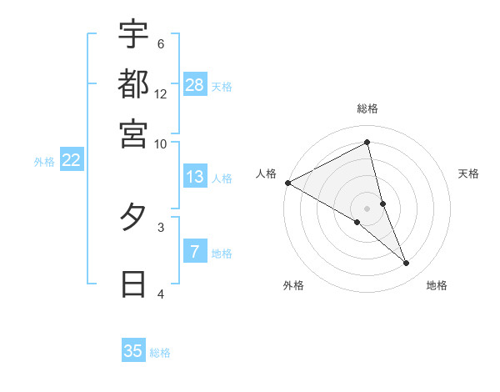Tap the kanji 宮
click(133, 133)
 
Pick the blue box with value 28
click(195, 84)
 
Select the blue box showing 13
click(195, 177)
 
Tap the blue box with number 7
click(195, 251)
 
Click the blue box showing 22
click(71, 160)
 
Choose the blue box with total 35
click(133, 350)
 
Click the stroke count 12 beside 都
click(161, 93)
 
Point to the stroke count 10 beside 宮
click(161, 143)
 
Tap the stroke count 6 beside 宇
click(161, 43)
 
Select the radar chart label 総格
click(367, 108)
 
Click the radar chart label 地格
click(437, 286)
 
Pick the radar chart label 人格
click(267, 173)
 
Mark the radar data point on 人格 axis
click(287, 182)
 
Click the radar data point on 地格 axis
click(407, 263)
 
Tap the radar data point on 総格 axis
click(367, 143)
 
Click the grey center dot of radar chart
click(367, 208)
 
